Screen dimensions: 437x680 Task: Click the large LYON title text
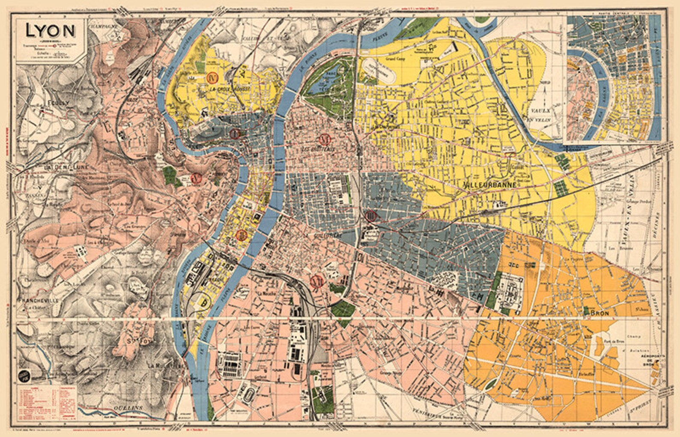coord(50,31)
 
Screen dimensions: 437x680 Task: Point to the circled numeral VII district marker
coord(317,281)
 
